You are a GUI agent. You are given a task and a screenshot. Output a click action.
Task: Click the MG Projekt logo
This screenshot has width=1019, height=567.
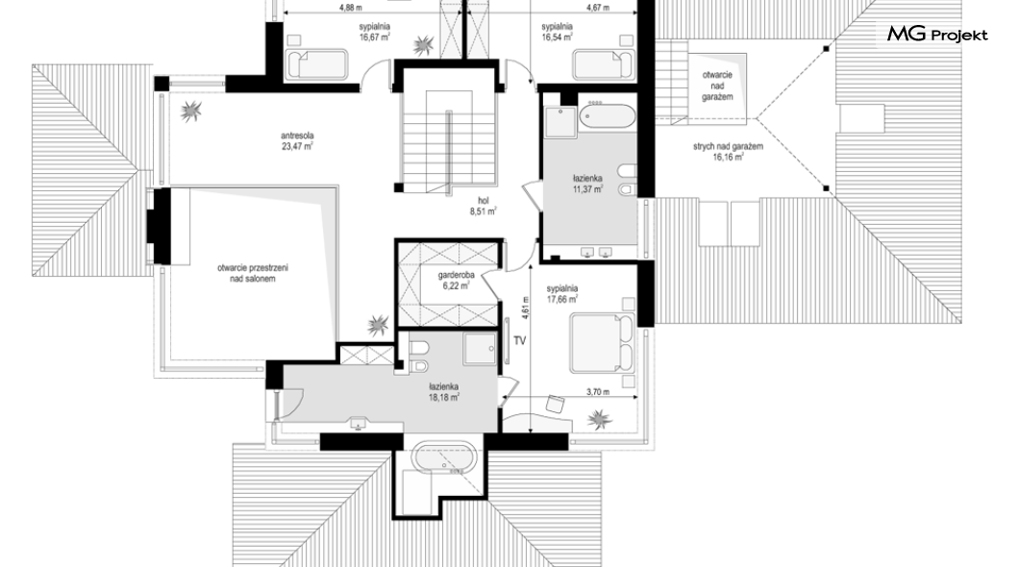click(x=937, y=34)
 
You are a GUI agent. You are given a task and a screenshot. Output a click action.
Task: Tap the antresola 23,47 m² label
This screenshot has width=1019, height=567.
click(x=297, y=141)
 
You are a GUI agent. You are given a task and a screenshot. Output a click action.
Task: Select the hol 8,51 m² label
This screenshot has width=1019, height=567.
click(x=483, y=206)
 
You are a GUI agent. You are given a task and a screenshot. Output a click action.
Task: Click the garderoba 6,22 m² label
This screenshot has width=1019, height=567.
click(x=456, y=280)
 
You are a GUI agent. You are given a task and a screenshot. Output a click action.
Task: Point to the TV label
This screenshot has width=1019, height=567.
click(x=519, y=340)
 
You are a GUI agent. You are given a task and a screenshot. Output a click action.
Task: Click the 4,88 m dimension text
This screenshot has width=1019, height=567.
click(x=351, y=8)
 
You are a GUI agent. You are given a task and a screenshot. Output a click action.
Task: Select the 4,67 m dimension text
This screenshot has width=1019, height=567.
click(x=598, y=8)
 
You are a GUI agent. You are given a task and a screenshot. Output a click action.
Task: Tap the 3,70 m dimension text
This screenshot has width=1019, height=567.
click(x=598, y=392)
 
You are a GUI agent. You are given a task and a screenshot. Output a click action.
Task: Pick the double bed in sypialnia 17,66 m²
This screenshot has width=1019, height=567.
click(x=602, y=344)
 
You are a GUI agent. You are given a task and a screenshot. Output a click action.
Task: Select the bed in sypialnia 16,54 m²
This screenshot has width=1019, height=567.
click(x=603, y=65)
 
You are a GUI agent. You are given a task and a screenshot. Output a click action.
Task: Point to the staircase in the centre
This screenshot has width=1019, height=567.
click(x=448, y=138)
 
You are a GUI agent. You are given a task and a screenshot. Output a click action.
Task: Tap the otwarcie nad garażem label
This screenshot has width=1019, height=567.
click(x=717, y=86)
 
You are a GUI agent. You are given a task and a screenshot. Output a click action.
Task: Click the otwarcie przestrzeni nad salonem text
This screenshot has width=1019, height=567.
click(x=253, y=273)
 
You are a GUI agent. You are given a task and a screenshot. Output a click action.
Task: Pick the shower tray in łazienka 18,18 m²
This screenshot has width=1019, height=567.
click(x=480, y=349)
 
